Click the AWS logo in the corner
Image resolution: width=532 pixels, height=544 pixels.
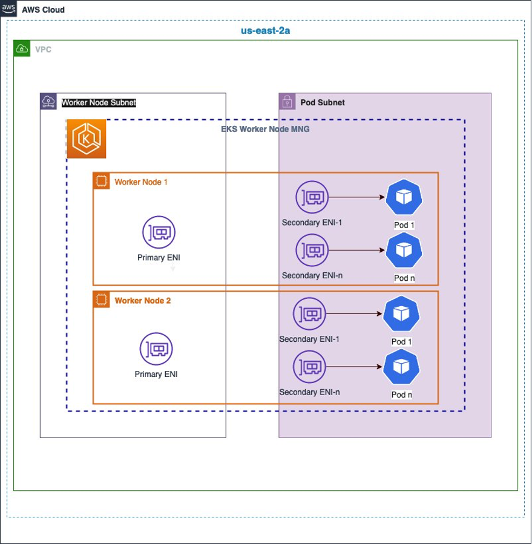point(8,8)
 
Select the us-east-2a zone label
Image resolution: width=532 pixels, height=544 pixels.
point(266,30)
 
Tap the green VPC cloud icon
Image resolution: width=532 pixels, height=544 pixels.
point(22,48)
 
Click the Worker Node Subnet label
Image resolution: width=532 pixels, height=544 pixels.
point(99,103)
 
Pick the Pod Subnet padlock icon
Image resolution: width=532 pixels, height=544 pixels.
point(287,101)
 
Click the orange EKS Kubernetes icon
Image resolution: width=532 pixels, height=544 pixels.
point(87,139)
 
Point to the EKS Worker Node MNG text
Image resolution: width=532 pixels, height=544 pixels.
point(265,129)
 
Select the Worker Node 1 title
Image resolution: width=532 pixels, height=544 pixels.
point(141,182)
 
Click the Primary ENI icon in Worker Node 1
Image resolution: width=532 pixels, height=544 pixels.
point(159,232)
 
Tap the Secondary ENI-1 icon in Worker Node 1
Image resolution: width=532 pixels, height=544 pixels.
point(312,197)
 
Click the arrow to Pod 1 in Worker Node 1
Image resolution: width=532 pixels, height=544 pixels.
point(356,197)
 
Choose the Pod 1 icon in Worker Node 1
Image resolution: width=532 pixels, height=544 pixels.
point(404,197)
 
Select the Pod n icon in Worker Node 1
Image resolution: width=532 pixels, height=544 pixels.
point(404,250)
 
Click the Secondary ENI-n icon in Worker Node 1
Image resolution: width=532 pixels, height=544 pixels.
point(312,250)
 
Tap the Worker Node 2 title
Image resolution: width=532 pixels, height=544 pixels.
point(143,301)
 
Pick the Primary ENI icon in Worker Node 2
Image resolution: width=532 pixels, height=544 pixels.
point(156,349)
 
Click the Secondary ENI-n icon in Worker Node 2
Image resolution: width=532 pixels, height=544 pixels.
point(309,367)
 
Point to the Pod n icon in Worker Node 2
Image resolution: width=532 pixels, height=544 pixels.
point(401,367)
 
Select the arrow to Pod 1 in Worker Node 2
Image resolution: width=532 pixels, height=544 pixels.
point(354,313)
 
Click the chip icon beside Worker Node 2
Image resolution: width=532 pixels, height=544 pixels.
point(101,300)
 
